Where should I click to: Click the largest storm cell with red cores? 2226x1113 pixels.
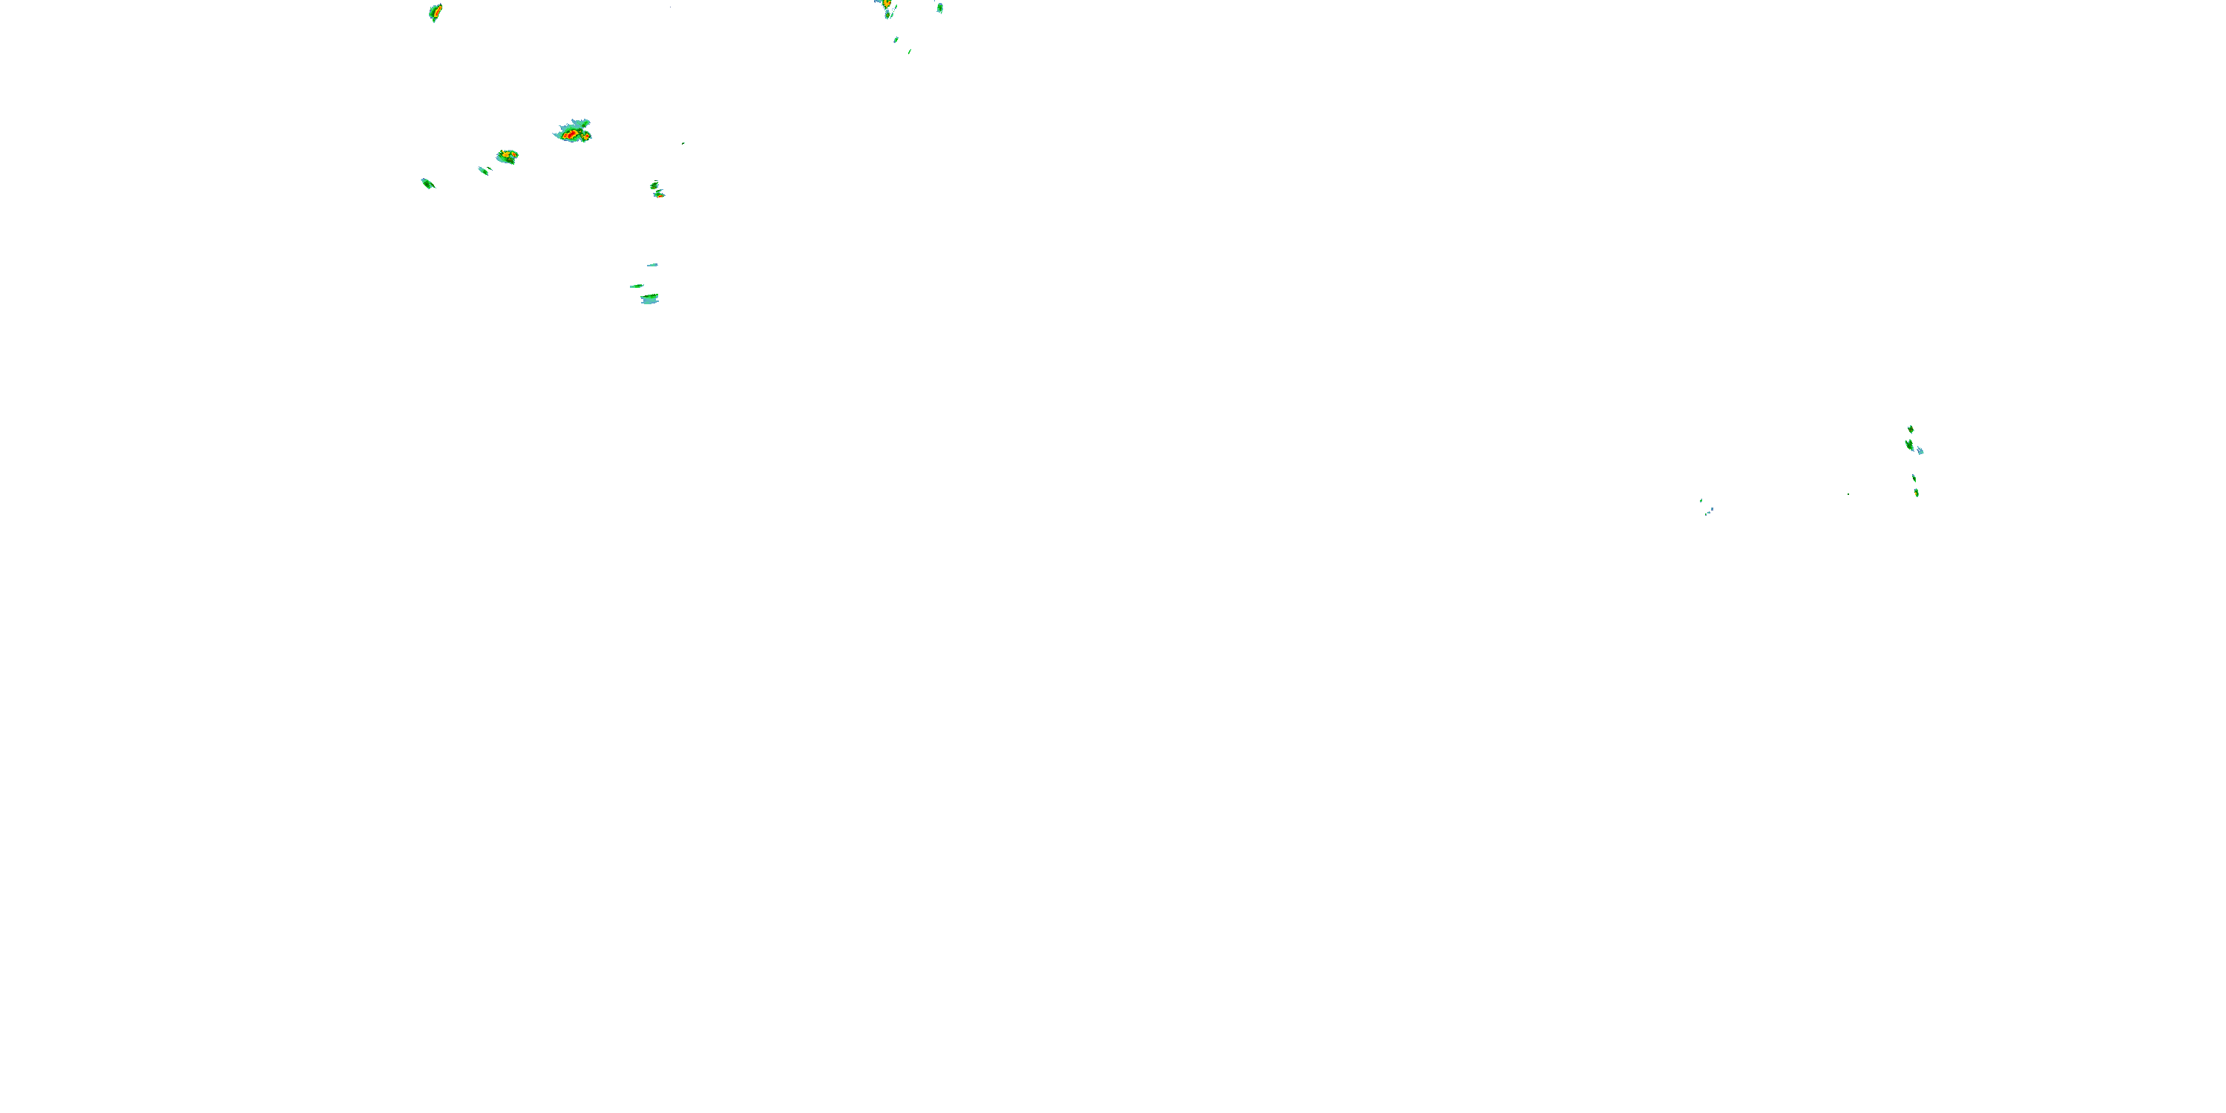(573, 132)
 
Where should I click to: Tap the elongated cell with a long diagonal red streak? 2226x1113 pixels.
(436, 12)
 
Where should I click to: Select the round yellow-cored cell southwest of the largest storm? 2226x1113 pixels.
(508, 156)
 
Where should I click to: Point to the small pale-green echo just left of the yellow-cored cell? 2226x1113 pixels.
(484, 170)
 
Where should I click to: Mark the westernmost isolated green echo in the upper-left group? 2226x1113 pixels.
(427, 183)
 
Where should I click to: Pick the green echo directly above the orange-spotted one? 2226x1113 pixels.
(654, 185)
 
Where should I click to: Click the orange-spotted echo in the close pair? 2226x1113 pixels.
(660, 194)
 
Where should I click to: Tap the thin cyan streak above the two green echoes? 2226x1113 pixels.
(652, 264)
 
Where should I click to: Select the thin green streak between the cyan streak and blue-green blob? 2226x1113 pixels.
(637, 286)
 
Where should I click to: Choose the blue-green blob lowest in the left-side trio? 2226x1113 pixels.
(650, 299)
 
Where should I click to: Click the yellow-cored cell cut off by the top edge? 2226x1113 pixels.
(886, 4)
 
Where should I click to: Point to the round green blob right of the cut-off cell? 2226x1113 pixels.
(939, 7)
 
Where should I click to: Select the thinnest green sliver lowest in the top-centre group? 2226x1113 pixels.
(910, 51)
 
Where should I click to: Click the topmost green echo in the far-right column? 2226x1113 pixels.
(1911, 429)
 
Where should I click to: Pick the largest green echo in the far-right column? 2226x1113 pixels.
(1910, 445)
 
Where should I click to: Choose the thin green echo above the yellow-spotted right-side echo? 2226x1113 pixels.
(1914, 478)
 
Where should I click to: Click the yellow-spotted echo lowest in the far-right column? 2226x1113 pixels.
(1917, 493)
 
